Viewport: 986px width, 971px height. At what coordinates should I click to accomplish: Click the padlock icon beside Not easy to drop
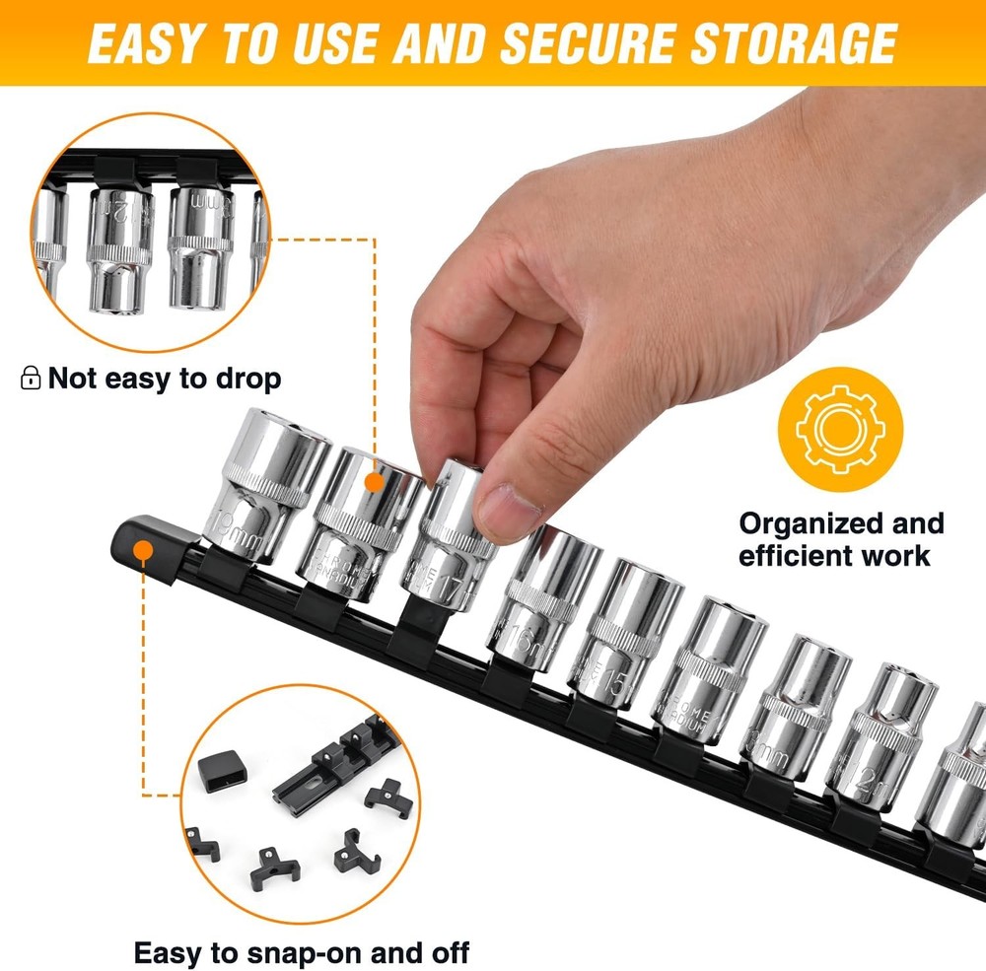[31, 378]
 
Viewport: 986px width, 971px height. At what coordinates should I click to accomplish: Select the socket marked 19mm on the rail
[261, 488]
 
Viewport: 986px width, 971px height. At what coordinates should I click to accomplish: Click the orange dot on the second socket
[373, 482]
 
